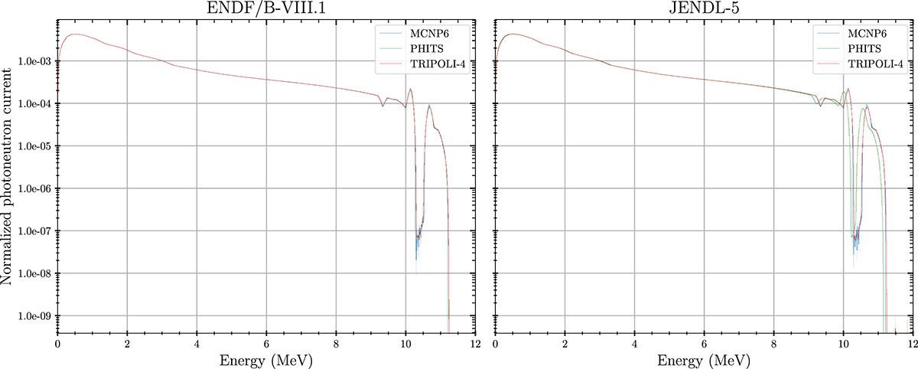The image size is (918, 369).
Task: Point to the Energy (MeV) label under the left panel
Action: click(x=266, y=359)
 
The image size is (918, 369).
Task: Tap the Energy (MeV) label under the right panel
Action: click(x=704, y=359)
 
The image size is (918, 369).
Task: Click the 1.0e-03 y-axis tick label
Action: click(x=36, y=61)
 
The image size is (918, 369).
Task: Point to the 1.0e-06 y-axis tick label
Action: click(x=36, y=188)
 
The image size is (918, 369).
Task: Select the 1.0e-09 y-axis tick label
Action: click(x=36, y=315)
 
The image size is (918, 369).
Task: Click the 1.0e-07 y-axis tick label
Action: click(x=36, y=231)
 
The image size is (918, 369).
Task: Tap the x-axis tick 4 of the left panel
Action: click(x=197, y=344)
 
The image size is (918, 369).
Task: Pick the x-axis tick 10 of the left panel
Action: click(x=405, y=344)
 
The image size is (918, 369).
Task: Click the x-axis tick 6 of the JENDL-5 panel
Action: click(x=704, y=344)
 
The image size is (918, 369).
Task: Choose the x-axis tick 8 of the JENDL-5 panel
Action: click(x=773, y=344)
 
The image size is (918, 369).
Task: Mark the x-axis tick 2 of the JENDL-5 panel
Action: click(x=565, y=344)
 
